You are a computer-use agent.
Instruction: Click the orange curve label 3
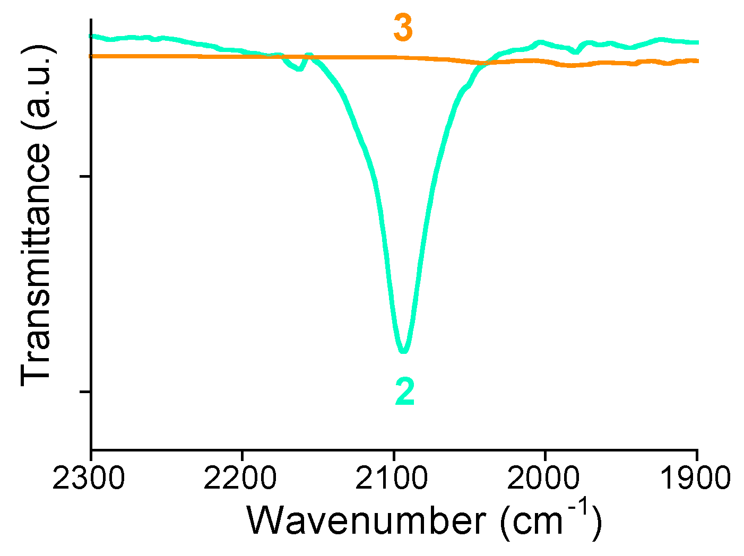pos(403,29)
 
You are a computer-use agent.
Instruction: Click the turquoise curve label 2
pos(404,393)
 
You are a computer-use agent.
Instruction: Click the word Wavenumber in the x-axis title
pos(366,520)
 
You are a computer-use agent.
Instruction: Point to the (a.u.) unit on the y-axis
pos(37,88)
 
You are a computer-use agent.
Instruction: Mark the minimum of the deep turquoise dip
pos(404,351)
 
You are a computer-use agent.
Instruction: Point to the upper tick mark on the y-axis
pos(85,176)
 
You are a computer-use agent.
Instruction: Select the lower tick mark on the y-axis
pos(85,392)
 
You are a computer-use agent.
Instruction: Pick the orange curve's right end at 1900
pos(696,61)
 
